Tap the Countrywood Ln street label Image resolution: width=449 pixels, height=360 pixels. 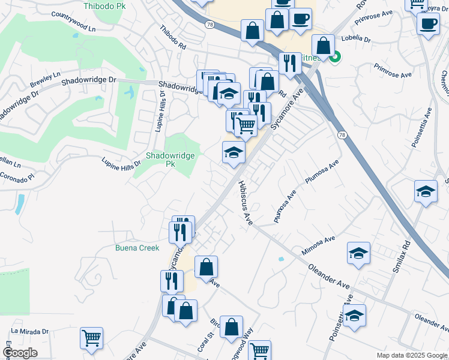coord(74,20)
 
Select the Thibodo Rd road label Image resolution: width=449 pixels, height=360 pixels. coord(173,37)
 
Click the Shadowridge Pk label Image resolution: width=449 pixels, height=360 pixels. coord(170,159)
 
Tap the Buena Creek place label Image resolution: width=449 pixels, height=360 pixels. coord(137,248)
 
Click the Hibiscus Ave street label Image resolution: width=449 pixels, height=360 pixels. coord(245,204)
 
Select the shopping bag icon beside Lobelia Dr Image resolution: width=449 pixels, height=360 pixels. coord(324,45)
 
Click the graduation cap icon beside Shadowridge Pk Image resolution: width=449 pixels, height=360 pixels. coord(234,152)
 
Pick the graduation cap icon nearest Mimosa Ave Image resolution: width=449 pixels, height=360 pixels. coord(358,253)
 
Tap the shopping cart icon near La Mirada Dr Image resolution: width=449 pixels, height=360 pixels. coord(91,338)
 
